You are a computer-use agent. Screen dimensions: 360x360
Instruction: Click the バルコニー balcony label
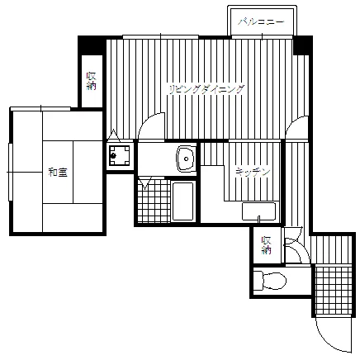[261, 21]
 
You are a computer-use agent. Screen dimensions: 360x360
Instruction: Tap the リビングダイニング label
[206, 89]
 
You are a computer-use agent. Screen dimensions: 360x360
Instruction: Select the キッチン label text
[253, 173]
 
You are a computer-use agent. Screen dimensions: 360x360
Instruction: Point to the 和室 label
[58, 173]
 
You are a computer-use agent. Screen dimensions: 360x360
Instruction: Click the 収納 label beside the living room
[91, 81]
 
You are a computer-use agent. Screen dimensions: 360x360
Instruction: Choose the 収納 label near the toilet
[266, 245]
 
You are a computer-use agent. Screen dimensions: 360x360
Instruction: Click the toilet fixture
[270, 281]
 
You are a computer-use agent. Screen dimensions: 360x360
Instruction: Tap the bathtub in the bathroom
[182, 201]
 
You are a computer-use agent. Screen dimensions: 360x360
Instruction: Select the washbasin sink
[187, 159]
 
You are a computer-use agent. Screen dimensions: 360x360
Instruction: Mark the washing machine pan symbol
[120, 155]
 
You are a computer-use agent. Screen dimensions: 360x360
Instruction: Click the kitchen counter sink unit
[258, 211]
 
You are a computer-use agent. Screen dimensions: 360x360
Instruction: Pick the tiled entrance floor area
[334, 290]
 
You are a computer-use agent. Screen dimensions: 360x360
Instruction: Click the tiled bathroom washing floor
[154, 201]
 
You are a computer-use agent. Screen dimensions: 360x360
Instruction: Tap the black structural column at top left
[92, 45]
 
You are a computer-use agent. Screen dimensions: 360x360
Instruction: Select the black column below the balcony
[302, 45]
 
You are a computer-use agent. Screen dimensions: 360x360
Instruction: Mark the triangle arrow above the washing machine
[114, 135]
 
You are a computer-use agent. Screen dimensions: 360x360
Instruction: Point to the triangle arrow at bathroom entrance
[144, 183]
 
